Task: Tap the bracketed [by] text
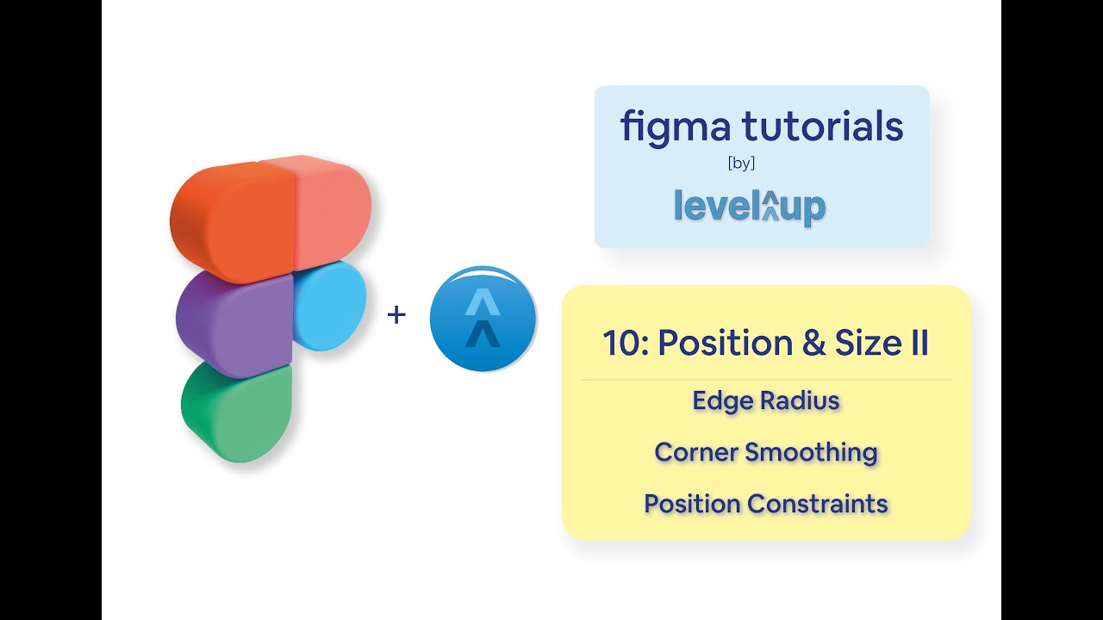[x=741, y=164]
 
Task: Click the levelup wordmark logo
[x=749, y=207]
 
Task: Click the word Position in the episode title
[x=723, y=343]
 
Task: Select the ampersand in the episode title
[x=813, y=343]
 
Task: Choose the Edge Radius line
[x=765, y=400]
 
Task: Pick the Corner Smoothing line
[x=765, y=452]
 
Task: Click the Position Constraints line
[x=765, y=504]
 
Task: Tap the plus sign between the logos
[x=396, y=315]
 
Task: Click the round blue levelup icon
[x=483, y=319]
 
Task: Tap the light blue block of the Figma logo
[x=329, y=306]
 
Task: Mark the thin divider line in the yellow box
[x=765, y=379]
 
